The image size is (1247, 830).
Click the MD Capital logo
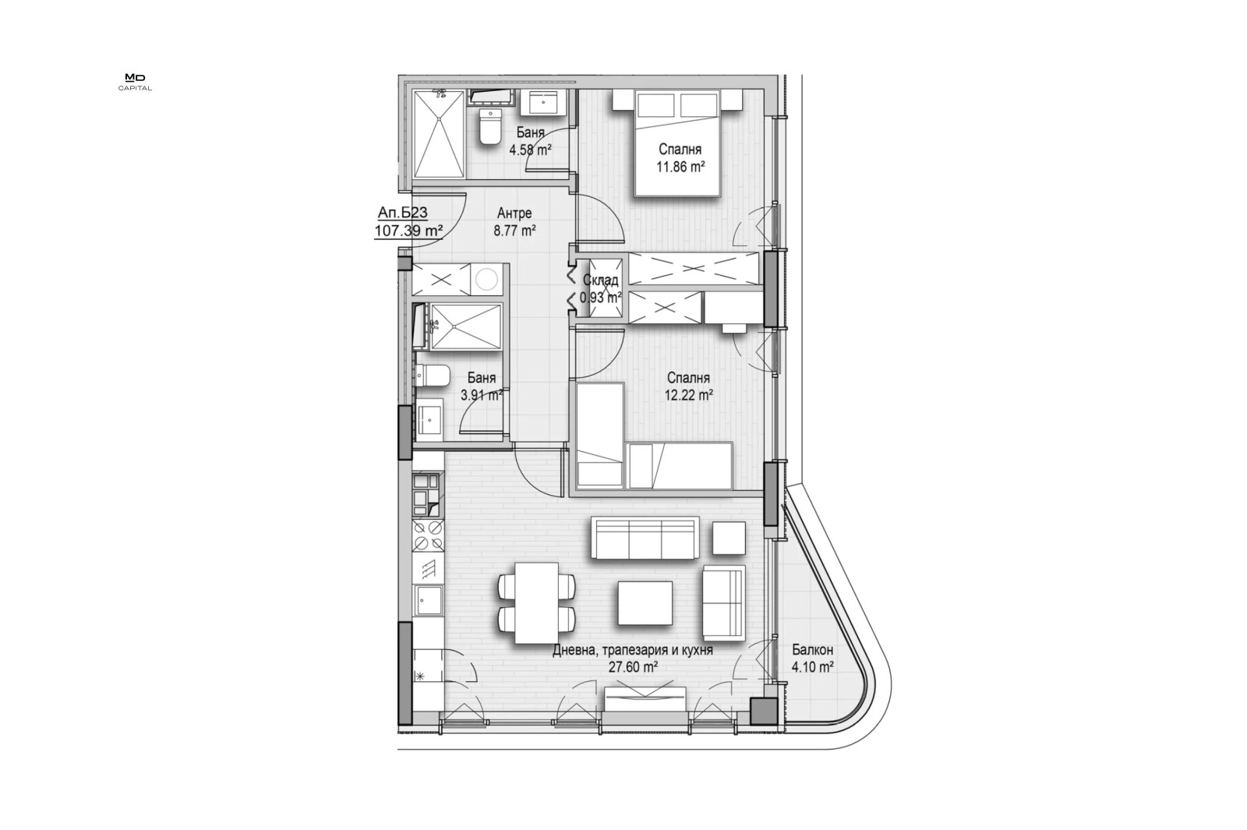click(135, 83)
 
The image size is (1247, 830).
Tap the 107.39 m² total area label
click(408, 231)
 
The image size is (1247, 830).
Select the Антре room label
click(514, 214)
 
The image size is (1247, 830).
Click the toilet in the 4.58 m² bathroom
click(490, 128)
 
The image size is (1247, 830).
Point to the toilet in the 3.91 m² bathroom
click(432, 375)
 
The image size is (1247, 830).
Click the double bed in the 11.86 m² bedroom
click(677, 143)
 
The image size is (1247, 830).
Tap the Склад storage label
click(600, 281)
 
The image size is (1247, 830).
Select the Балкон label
click(812, 650)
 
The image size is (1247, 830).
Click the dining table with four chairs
click(536, 603)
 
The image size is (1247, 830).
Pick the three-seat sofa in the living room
click(645, 538)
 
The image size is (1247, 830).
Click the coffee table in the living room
click(645, 603)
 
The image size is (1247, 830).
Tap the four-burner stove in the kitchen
click(428, 535)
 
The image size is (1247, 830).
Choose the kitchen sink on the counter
click(428, 599)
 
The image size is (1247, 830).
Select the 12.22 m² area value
click(689, 395)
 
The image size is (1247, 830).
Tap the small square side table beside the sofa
click(728, 538)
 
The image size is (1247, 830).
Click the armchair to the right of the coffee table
click(724, 603)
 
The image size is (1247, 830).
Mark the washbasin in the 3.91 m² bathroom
click(429, 419)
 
